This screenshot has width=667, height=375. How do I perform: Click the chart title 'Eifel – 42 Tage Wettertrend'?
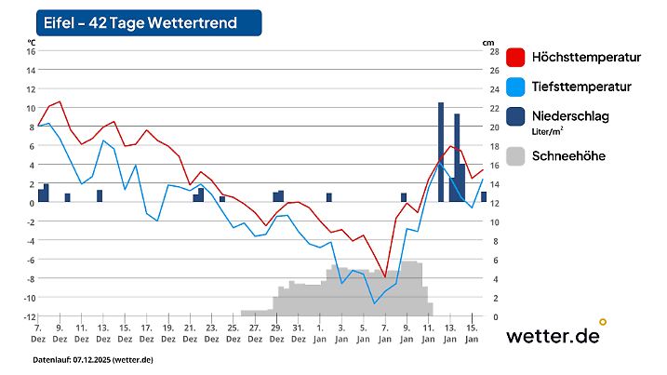click(x=140, y=22)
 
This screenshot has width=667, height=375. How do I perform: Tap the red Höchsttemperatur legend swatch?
click(x=516, y=58)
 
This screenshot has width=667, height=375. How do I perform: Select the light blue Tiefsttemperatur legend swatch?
click(x=516, y=87)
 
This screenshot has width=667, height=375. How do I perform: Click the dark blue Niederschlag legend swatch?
click(x=516, y=117)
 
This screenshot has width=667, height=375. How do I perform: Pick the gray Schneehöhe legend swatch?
click(x=516, y=155)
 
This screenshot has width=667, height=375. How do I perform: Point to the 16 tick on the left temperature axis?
click(x=31, y=51)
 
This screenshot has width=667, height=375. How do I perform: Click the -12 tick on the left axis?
click(x=29, y=316)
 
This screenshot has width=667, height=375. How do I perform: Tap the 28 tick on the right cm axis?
click(x=493, y=51)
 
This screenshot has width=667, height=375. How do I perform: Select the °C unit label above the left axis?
click(x=31, y=41)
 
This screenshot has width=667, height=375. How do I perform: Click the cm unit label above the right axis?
click(x=488, y=41)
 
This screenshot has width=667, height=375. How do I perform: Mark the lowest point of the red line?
click(x=385, y=276)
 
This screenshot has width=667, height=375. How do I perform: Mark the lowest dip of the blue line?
click(x=375, y=303)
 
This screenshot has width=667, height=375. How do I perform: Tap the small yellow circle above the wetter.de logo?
click(x=603, y=322)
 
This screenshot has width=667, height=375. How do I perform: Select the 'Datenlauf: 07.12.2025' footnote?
click(x=93, y=360)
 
